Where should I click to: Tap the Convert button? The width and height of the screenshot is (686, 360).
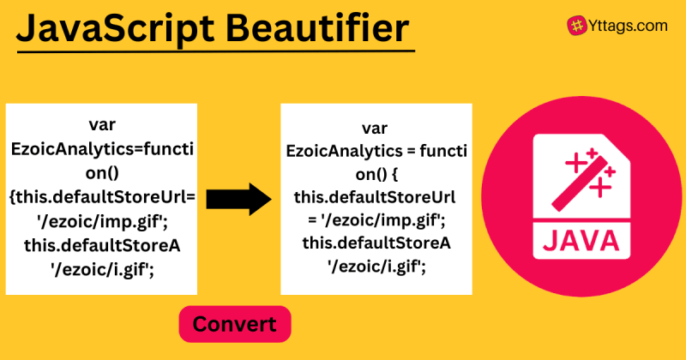pyautogui.click(x=234, y=324)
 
